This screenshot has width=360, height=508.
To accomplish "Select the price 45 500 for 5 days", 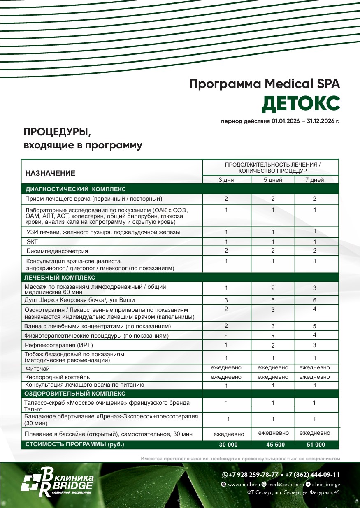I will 273,445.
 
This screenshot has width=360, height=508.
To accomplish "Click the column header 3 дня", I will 226,180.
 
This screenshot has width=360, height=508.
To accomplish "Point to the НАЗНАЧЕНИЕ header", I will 50,173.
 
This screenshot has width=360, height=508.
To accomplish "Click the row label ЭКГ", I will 32,241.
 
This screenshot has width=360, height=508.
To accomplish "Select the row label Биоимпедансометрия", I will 57,251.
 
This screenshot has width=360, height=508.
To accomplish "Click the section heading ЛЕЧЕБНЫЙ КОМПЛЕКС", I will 60,278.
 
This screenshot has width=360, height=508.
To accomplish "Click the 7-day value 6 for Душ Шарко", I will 314,300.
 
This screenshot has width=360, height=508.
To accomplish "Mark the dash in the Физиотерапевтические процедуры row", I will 226,336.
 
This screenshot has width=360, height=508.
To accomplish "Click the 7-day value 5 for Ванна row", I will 314,326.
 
